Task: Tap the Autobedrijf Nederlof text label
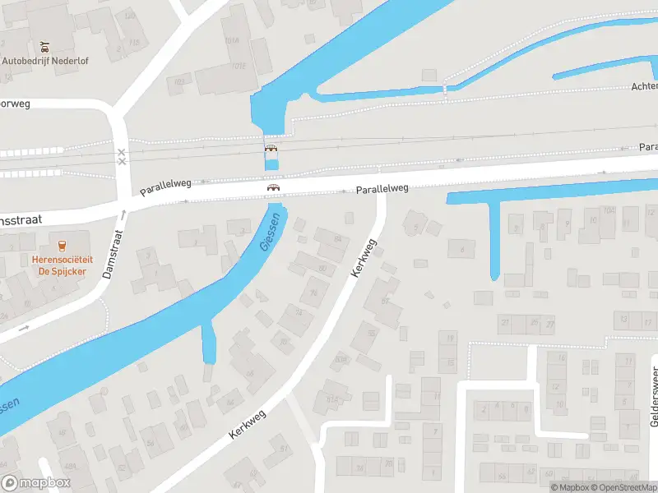pyautogui.click(x=45, y=60)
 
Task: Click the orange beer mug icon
pyautogui.click(x=62, y=244)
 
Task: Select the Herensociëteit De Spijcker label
pyautogui.click(x=62, y=265)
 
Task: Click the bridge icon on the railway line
pyautogui.click(x=271, y=149)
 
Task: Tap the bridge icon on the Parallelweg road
pyautogui.click(x=271, y=187)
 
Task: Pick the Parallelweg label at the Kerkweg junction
pyautogui.click(x=382, y=189)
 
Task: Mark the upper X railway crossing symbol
pyautogui.click(x=122, y=152)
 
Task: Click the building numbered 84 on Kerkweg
pyautogui.click(x=336, y=239)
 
